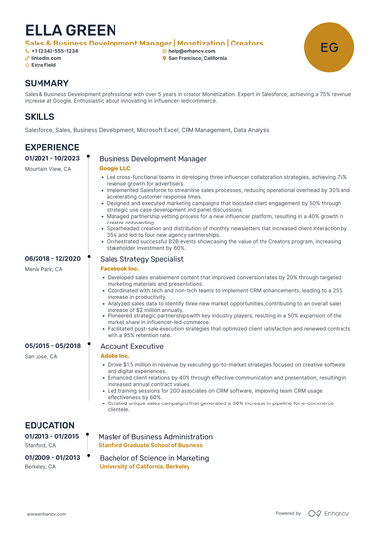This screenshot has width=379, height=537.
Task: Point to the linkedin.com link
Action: pyautogui.click(x=46, y=58)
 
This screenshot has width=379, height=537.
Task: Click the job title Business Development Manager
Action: pyautogui.click(x=153, y=158)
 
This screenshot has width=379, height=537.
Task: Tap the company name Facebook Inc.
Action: pyautogui.click(x=120, y=268)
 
